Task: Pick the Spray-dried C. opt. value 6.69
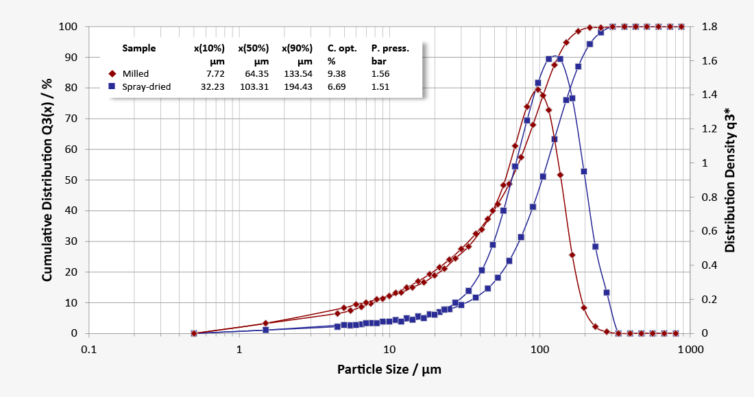point(339,87)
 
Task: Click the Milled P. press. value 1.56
point(380,73)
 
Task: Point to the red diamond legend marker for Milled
point(112,73)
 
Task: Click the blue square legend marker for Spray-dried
point(112,87)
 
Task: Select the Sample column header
point(138,49)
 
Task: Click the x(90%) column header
point(297,49)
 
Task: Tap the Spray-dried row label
point(146,87)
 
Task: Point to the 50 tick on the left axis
point(73,180)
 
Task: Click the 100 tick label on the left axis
point(71,27)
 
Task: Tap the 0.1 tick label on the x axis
point(89,349)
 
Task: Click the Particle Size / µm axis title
point(389,370)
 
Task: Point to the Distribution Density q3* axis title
point(731,180)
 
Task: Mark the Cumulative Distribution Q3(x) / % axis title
point(48,180)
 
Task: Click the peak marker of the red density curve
point(538,89)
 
